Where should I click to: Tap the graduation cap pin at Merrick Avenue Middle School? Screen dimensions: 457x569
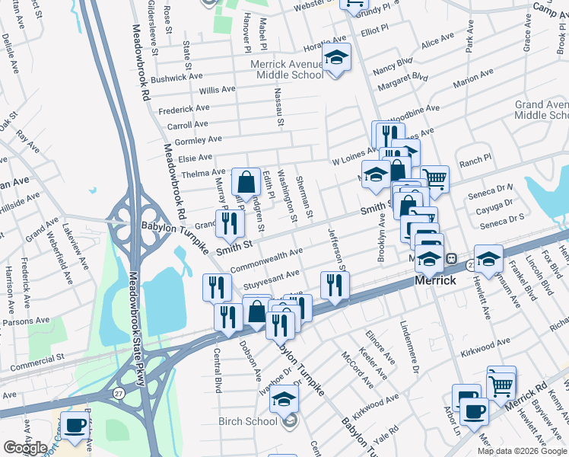pyautogui.click(x=335, y=59)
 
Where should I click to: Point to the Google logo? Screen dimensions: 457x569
pyautogui.click(x=25, y=448)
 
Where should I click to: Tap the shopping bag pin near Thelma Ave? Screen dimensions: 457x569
pyautogui.click(x=246, y=184)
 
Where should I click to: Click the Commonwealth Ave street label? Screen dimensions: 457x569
pyautogui.click(x=266, y=260)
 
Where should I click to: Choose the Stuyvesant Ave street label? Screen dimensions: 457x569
pyautogui.click(x=271, y=280)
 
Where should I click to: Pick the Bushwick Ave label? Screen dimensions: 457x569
pyautogui.click(x=176, y=77)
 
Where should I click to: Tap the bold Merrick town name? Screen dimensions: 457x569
pyautogui.click(x=436, y=280)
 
